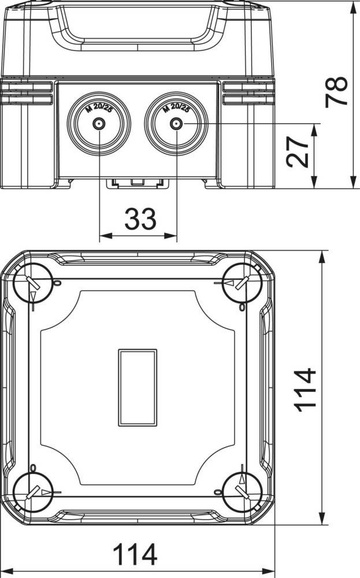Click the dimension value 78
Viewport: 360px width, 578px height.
pyautogui.click(x=336, y=92)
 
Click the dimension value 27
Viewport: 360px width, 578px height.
pyautogui.click(x=298, y=152)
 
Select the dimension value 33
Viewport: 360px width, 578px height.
pyautogui.click(x=140, y=219)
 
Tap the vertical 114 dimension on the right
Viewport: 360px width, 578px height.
pyautogui.click(x=305, y=390)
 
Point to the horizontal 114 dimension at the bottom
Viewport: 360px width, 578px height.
pyautogui.click(x=135, y=554)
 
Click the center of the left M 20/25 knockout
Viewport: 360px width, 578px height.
pyautogui.click(x=99, y=124)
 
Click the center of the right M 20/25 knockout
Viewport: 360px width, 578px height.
pyautogui.click(x=176, y=124)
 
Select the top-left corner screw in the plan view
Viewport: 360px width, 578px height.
pyautogui.click(x=33, y=283)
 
